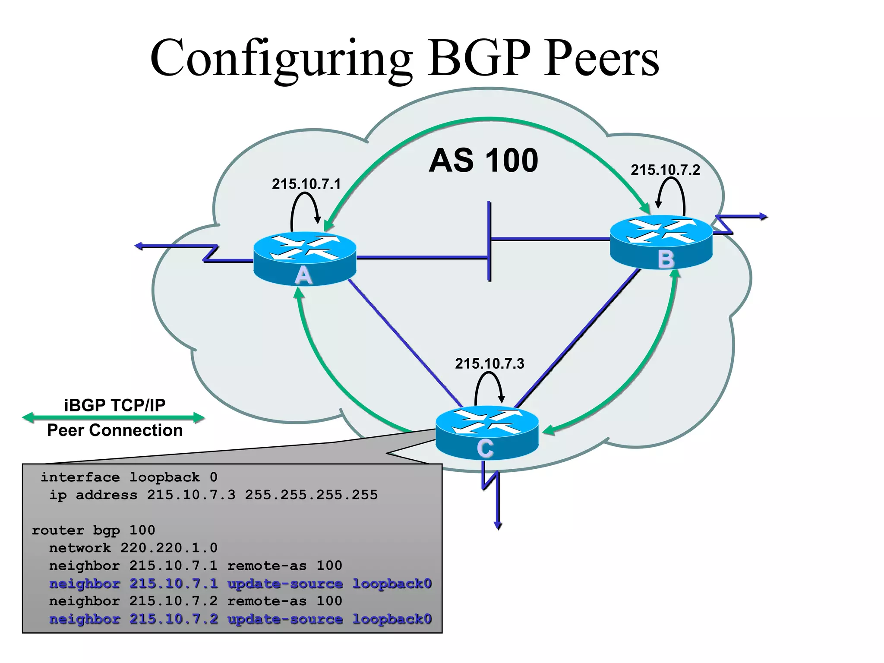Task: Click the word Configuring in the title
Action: coord(281,58)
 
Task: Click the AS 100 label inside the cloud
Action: coord(483,161)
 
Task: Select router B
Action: coord(661,242)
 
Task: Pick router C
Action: coord(487,433)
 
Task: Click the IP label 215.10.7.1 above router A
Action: coord(306,184)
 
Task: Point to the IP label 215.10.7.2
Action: coord(665,170)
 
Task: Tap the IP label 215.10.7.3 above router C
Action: coord(489,364)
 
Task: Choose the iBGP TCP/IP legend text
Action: coord(114,405)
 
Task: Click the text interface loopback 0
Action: coord(129,477)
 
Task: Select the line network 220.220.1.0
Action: coord(133,548)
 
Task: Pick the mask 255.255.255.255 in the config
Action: coord(311,495)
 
